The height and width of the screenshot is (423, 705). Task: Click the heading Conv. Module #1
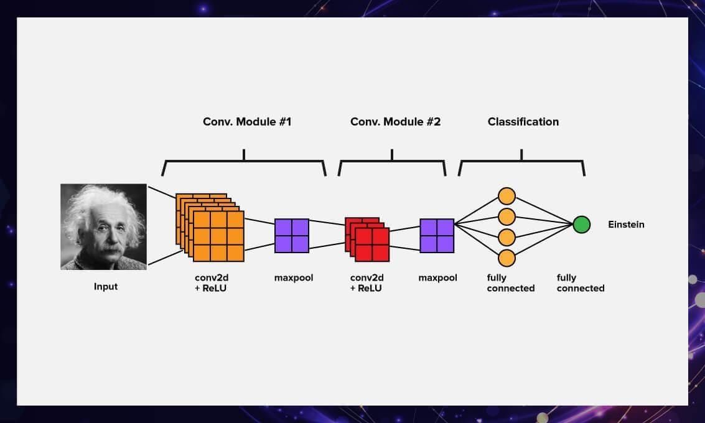point(247,122)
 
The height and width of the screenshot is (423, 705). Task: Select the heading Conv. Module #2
point(395,122)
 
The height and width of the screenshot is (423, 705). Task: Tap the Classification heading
point(523,122)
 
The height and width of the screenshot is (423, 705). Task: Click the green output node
point(581,225)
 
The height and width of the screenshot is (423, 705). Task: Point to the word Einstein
point(626,225)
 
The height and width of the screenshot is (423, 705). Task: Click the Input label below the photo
point(106,287)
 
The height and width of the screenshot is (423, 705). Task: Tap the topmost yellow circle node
point(507,196)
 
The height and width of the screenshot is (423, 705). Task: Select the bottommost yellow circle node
point(507,258)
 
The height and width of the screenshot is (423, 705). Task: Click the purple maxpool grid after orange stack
point(292,236)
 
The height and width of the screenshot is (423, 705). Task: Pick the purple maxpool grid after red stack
point(437,236)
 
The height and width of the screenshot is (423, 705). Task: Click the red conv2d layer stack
point(368,239)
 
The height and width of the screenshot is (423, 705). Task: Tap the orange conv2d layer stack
point(212,229)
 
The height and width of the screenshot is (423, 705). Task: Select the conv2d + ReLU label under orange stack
point(212,283)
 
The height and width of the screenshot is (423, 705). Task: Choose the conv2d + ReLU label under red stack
point(367,283)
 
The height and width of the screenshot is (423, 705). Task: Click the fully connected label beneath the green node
point(580,283)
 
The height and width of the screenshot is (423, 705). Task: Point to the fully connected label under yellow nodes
point(510,283)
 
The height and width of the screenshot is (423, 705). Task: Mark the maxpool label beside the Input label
point(293,278)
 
